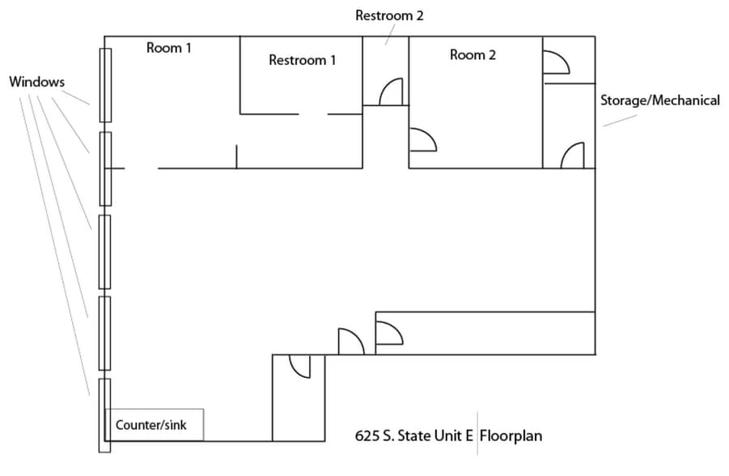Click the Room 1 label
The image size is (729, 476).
168,48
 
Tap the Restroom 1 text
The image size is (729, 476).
303,60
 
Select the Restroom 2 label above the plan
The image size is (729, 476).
389,15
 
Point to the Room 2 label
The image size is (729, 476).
473,55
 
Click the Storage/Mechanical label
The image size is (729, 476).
659,100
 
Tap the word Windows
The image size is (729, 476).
37,82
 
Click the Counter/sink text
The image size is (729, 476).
151,425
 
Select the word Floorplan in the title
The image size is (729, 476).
511,436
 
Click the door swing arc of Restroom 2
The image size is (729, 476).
392,91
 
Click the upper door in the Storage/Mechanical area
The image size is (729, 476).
556,62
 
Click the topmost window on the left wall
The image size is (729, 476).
105,85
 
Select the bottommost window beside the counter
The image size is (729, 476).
104,414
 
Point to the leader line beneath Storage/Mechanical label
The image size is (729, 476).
619,120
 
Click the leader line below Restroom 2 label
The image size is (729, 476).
388,33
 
